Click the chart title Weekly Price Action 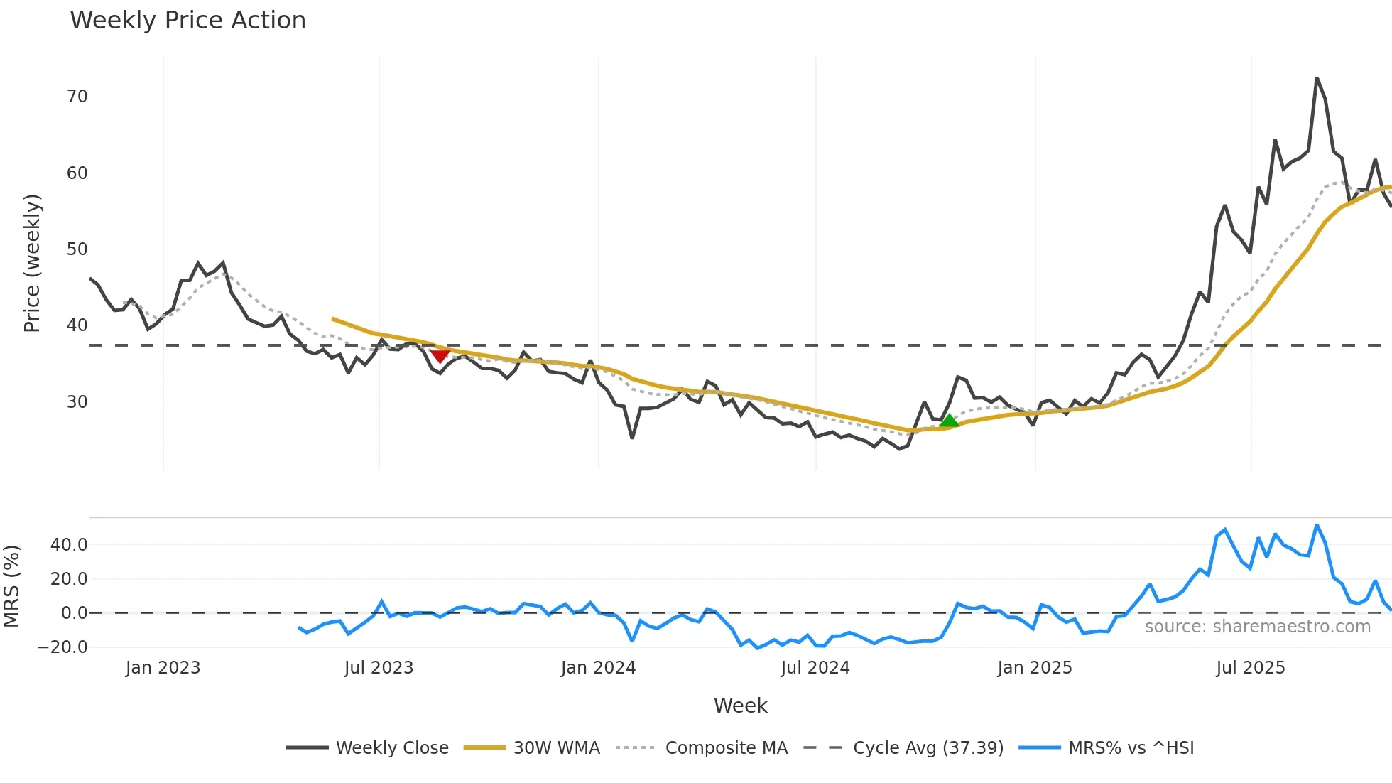click(x=187, y=21)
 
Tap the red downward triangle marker click(x=440, y=355)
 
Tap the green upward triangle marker click(x=949, y=421)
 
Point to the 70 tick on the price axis click(x=77, y=97)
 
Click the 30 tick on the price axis click(x=77, y=402)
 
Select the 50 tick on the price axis click(x=77, y=249)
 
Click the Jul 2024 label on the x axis click(x=815, y=668)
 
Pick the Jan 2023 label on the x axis click(x=163, y=668)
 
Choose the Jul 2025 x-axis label click(x=1250, y=668)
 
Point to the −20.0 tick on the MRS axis click(x=62, y=647)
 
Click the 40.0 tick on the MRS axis click(x=69, y=545)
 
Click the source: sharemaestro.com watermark click(x=1257, y=627)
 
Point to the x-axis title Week click(x=740, y=706)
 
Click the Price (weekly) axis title click(x=32, y=263)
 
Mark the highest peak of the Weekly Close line click(x=1317, y=79)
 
